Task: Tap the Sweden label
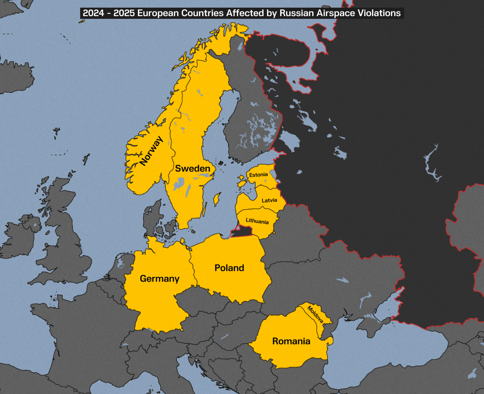(x=193, y=168)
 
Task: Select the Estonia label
(x=258, y=175)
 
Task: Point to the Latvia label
(x=269, y=200)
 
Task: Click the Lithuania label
(x=257, y=221)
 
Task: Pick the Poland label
(x=229, y=268)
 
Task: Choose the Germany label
(x=160, y=278)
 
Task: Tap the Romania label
(x=291, y=341)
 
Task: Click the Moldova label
(x=315, y=314)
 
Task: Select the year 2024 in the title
(x=93, y=13)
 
